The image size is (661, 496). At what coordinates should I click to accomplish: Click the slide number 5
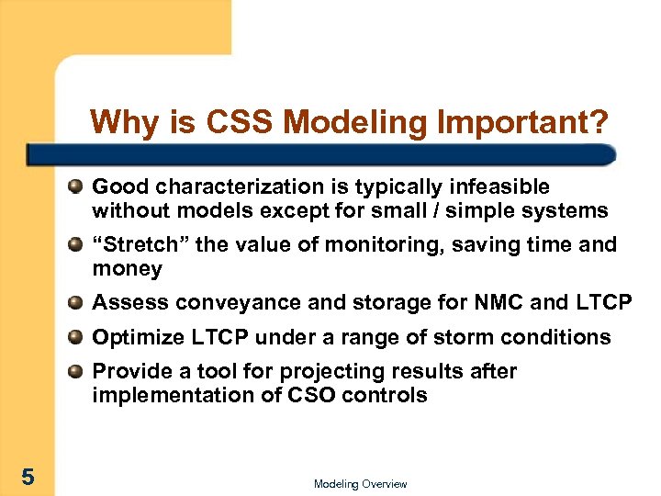pyautogui.click(x=28, y=476)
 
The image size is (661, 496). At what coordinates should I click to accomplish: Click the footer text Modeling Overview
pyautogui.click(x=360, y=484)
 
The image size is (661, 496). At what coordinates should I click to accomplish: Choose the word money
pyautogui.click(x=127, y=269)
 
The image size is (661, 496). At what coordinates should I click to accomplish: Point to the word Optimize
pyautogui.click(x=136, y=337)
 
